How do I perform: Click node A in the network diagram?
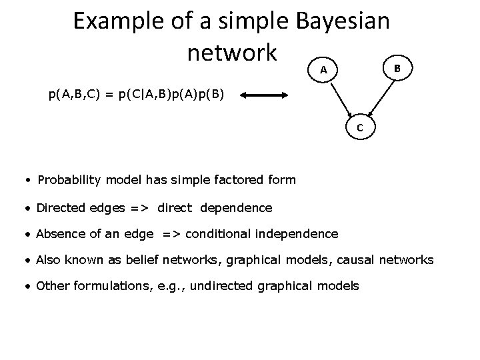(x=323, y=69)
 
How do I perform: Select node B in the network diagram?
(x=397, y=68)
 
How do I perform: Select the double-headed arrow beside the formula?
(x=264, y=95)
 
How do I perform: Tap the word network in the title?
(x=231, y=52)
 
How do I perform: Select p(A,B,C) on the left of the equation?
(x=75, y=95)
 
